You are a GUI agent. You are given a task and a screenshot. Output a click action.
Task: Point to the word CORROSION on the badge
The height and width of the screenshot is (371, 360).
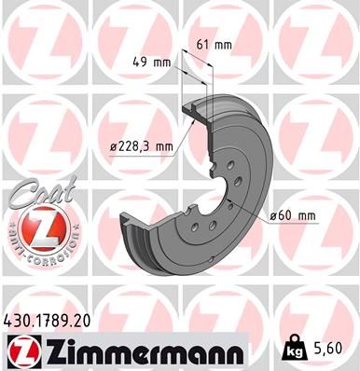click(x=49, y=252)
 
